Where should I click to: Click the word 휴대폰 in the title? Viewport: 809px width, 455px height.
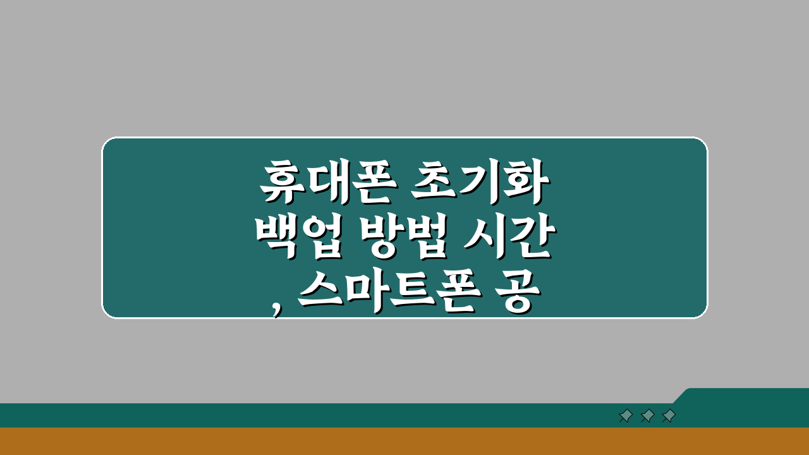(x=325, y=183)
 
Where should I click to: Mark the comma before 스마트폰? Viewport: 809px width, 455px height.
(x=277, y=308)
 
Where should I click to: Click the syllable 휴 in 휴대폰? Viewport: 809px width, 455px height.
(x=280, y=183)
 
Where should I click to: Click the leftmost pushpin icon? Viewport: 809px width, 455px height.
(x=625, y=415)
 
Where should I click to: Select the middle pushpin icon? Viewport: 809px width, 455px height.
(x=647, y=415)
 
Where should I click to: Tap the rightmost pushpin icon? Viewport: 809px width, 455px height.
(x=668, y=415)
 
